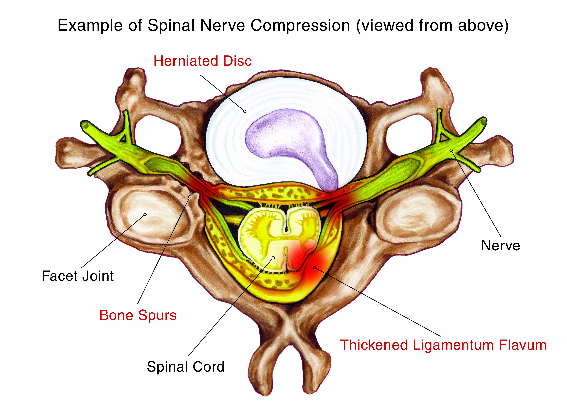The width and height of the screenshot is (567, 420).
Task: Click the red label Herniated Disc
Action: click(203, 61)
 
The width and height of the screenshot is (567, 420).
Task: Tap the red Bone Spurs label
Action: click(138, 316)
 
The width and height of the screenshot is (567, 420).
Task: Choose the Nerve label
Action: click(501, 246)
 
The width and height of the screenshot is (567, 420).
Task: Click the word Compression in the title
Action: click(300, 26)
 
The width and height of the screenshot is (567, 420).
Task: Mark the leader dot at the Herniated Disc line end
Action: click(245, 111)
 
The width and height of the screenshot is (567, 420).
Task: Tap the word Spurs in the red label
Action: click(157, 316)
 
